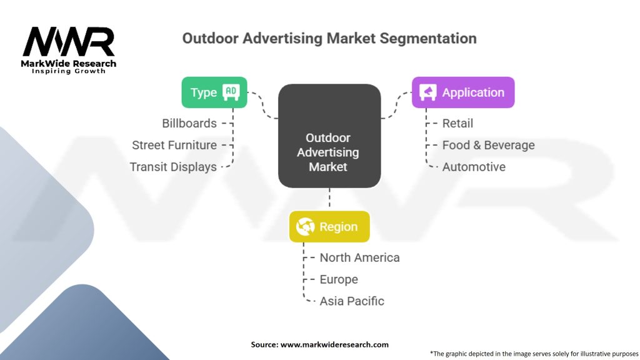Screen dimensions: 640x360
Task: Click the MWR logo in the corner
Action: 69,50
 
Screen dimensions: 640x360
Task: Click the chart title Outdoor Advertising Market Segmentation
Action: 329,38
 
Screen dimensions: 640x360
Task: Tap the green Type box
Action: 214,92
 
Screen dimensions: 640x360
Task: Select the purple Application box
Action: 463,92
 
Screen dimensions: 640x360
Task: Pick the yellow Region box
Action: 329,226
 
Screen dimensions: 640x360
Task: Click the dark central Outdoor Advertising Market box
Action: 329,136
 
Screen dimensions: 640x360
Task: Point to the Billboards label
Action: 189,123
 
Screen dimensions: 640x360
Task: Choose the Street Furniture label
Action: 174,145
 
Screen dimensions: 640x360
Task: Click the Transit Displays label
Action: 173,167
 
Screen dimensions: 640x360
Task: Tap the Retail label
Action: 457,123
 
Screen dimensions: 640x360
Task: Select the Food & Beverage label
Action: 489,145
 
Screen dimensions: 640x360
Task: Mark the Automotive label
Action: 474,167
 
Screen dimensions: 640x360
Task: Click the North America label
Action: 359,257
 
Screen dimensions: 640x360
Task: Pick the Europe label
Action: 339,279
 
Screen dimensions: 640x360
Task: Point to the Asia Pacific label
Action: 352,301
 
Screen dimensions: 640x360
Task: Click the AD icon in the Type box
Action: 231,92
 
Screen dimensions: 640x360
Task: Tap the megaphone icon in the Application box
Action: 427,92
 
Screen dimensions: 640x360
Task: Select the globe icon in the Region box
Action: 305,226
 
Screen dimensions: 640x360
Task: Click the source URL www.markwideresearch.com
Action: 334,344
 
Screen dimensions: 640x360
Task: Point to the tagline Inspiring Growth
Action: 69,71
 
